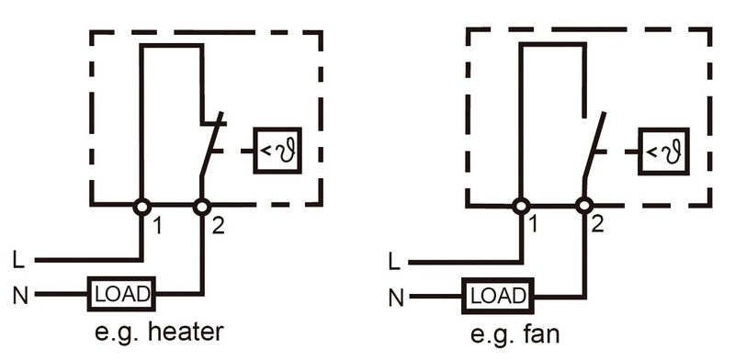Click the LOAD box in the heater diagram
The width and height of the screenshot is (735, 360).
[x=121, y=294]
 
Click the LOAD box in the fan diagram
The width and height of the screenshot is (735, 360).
[x=498, y=296]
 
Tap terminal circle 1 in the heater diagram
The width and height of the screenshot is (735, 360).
[x=142, y=207]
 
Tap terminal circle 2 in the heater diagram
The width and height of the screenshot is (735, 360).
[x=202, y=207]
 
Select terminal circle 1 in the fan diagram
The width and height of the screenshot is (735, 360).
[x=521, y=206]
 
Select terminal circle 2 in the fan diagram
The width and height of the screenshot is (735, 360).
[x=584, y=206]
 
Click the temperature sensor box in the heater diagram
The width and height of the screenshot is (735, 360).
[x=277, y=151]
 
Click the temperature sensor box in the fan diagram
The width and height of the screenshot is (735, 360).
[x=663, y=152]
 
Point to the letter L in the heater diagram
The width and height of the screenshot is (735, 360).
[x=18, y=260]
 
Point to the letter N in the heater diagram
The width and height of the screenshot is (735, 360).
[x=20, y=297]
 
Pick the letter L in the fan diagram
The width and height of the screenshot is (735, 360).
[x=395, y=262]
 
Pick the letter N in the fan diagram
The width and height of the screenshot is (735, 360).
[x=396, y=298]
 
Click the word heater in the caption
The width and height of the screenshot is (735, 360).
[x=186, y=332]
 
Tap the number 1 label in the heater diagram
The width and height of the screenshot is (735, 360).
[x=158, y=227]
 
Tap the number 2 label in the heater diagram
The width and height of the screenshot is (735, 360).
[x=218, y=227]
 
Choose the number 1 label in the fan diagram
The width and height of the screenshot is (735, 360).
[x=534, y=225]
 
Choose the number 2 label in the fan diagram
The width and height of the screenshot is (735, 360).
[x=597, y=225]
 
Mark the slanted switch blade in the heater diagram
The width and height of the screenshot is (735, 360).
[x=211, y=144]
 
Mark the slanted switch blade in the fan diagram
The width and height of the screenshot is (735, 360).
[x=594, y=145]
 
